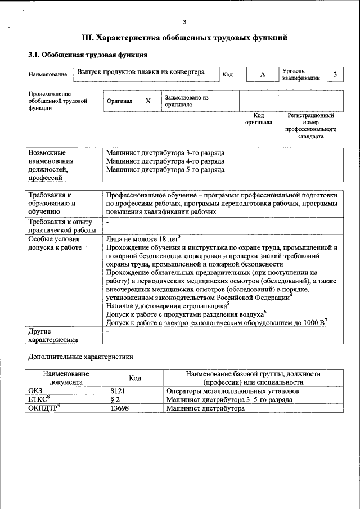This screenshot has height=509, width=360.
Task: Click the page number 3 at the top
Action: pos(184,22)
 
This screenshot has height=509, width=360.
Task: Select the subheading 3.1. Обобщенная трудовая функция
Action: pos(88,55)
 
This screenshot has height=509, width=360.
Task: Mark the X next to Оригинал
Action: pos(148,101)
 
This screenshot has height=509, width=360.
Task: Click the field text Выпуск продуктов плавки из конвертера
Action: pos(141,73)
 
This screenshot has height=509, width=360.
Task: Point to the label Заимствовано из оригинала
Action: pos(186,101)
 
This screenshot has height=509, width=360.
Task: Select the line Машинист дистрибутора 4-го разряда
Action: pos(165,161)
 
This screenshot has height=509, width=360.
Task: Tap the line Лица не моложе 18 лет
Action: pos(143,238)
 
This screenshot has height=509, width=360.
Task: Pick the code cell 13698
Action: pos(120,408)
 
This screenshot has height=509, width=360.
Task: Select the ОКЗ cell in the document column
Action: pos(35,390)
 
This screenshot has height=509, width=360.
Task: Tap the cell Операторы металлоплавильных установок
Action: pos(233,390)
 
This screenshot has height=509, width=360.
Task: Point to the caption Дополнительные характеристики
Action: pos(80,356)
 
